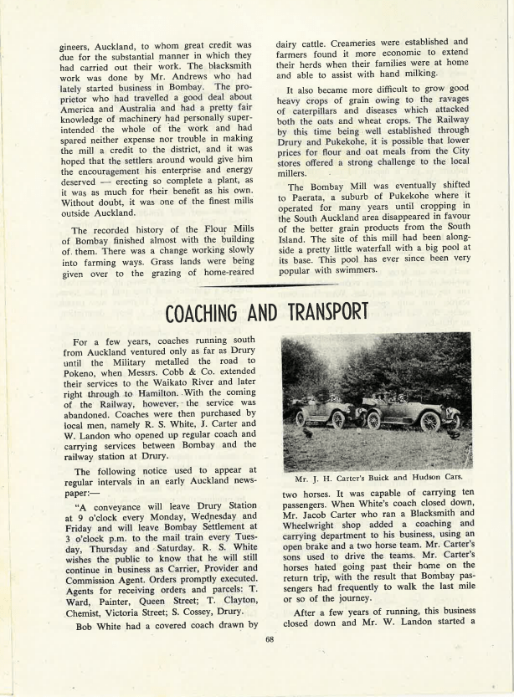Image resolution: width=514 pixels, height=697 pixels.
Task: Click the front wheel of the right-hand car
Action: [x=430, y=423]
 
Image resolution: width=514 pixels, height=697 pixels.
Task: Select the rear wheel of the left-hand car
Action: [x=301, y=418]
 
